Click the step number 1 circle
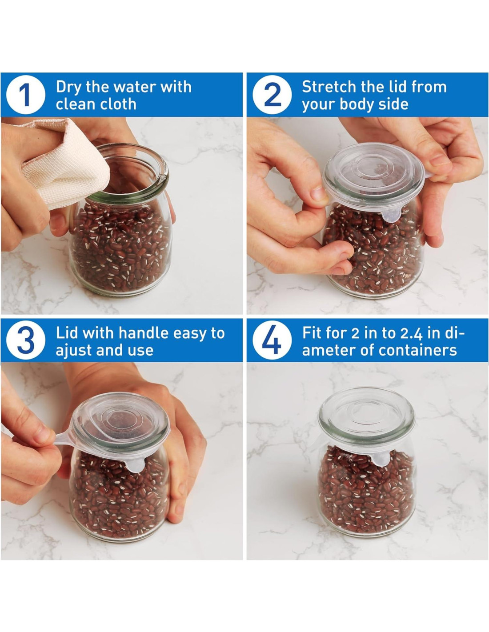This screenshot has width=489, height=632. [26, 95]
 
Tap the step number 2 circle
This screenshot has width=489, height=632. [272, 95]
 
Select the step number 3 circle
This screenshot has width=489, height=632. [26, 340]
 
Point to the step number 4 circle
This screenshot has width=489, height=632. [272, 340]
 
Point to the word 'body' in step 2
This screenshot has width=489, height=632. [357, 104]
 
